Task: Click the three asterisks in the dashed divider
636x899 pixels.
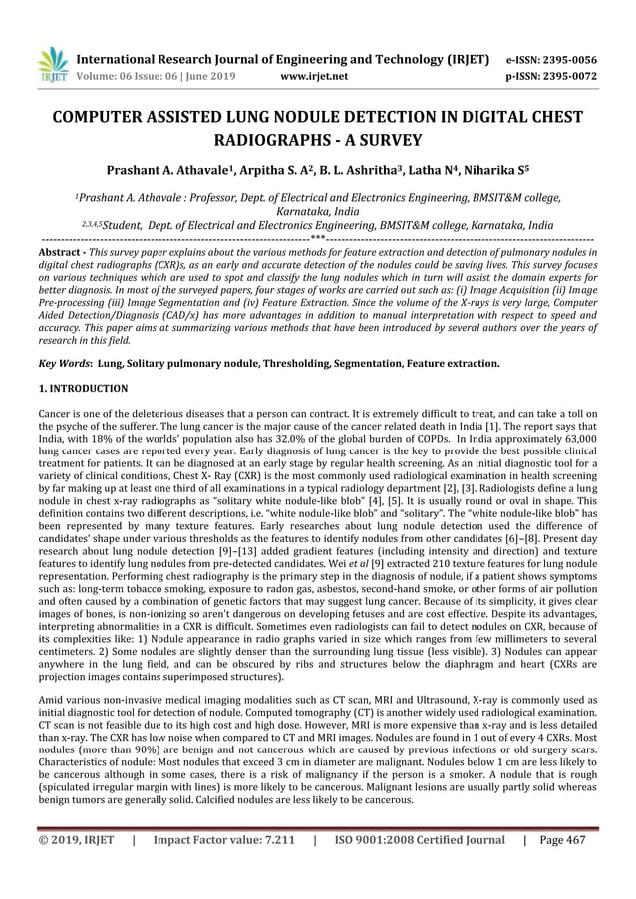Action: coord(316,240)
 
